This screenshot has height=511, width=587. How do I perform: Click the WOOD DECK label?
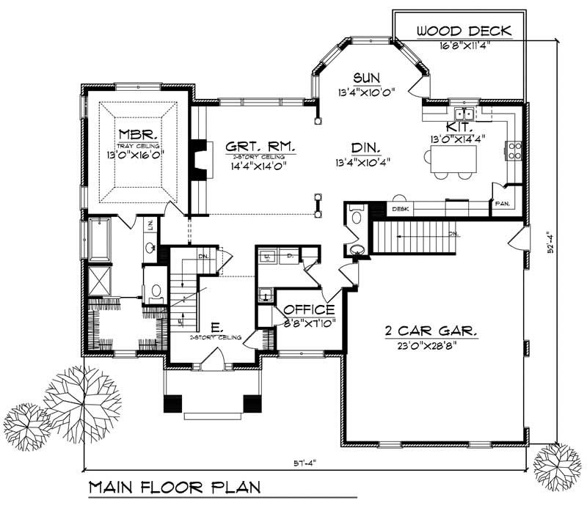coord(463,31)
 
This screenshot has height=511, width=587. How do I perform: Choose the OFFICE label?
coord(309,309)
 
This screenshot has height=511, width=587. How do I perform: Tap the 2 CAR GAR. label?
coord(431,331)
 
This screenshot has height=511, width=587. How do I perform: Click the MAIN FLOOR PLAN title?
coord(173,487)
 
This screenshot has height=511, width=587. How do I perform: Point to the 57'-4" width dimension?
coord(303,463)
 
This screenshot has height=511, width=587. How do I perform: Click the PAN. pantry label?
coord(503,203)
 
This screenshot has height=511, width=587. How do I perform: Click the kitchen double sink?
coord(463,114)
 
